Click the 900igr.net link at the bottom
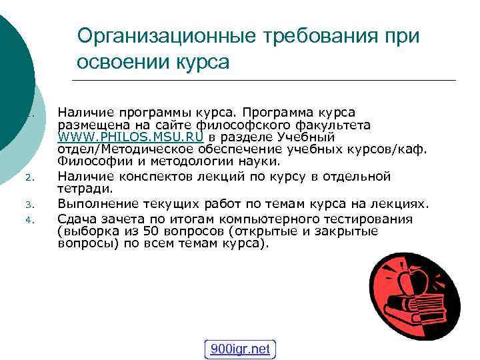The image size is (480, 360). [240, 349]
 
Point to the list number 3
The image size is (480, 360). [29, 205]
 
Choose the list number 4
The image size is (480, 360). [29, 219]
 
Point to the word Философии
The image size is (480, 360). [86, 161]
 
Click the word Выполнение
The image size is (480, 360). [93, 204]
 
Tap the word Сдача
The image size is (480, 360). [75, 219]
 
